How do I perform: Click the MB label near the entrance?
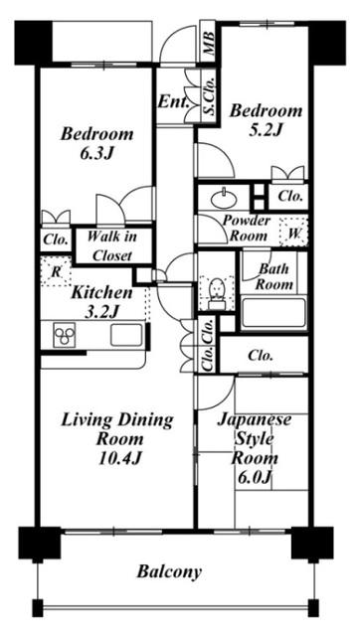coord(209,43)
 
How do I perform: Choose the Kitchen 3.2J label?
coord(100,302)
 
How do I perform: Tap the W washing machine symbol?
coord(295,234)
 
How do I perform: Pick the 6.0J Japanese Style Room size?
coord(255,477)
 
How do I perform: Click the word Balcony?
coord(169,571)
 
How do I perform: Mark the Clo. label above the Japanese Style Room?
coord(262,354)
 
